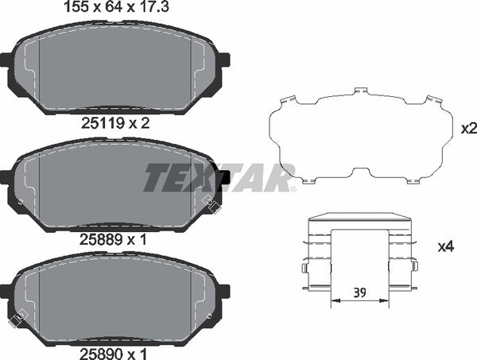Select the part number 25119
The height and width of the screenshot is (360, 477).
click(x=102, y=123)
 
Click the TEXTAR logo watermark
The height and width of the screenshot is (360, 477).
click(x=219, y=177)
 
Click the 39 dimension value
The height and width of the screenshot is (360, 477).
click(x=360, y=292)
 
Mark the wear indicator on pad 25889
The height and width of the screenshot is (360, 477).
click(x=211, y=203)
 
